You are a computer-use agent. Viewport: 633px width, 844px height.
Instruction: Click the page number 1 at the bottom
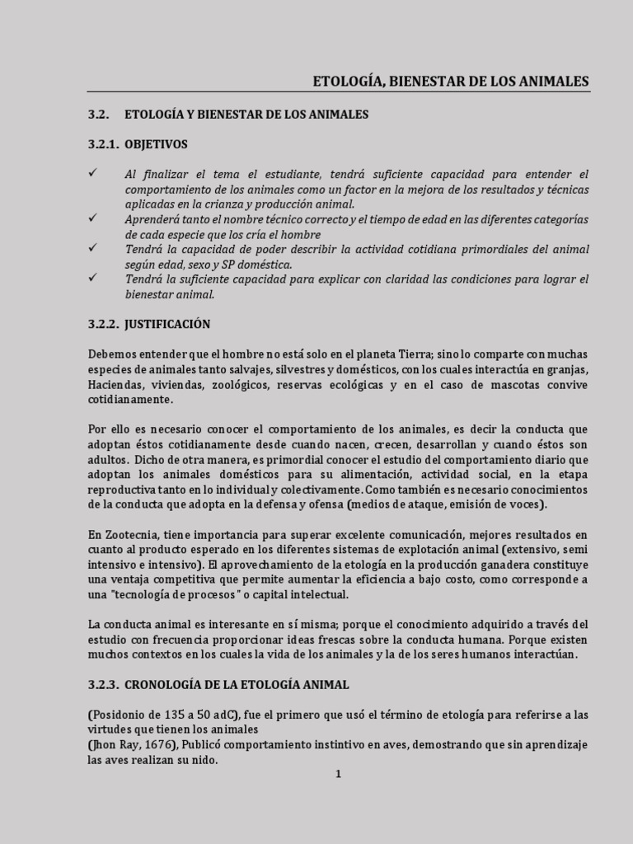click(338, 774)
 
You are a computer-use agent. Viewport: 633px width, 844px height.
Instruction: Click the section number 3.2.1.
click(104, 144)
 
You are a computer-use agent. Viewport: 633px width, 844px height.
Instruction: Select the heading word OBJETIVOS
click(156, 144)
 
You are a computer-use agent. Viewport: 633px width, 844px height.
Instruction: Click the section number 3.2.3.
click(104, 684)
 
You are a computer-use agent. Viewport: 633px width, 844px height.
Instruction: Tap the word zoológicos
click(238, 384)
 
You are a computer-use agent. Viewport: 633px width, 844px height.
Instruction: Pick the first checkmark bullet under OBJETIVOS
click(93, 173)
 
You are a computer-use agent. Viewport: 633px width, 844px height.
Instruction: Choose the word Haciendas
click(115, 384)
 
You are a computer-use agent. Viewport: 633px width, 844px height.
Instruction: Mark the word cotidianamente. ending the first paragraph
click(131, 399)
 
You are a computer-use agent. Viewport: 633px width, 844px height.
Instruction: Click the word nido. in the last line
click(206, 760)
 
